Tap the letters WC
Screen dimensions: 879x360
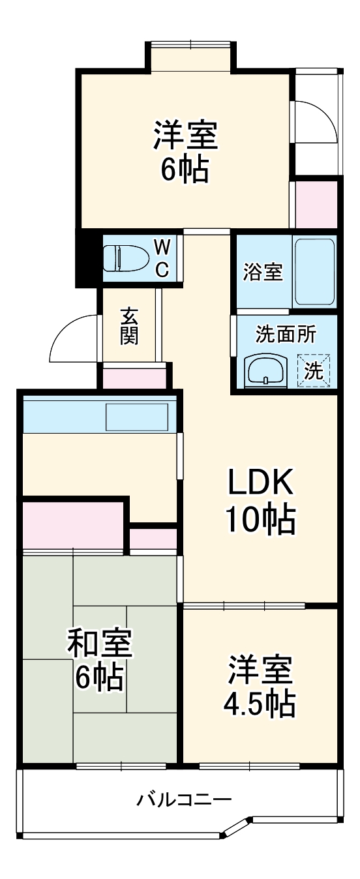click(163, 258)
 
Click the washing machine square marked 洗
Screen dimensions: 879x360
click(314, 371)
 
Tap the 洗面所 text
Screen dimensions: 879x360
click(286, 335)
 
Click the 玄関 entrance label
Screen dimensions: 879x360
click(128, 325)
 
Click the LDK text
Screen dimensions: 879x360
click(260, 483)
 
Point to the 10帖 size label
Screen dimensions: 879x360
click(260, 520)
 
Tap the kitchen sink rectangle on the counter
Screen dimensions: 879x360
click(137, 417)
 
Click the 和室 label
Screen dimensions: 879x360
click(100, 644)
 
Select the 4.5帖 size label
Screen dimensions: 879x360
click(260, 703)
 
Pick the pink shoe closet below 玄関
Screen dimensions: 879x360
click(135, 379)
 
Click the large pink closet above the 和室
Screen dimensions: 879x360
click(72, 525)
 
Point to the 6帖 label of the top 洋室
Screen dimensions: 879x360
click(185, 170)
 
